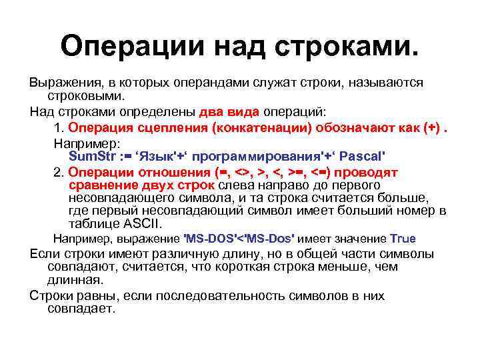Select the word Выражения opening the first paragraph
tap(62, 82)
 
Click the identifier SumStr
tap(93, 156)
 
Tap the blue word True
tap(403, 238)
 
